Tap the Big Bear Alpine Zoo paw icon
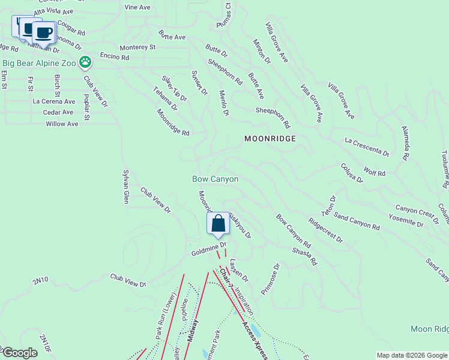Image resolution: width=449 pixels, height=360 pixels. [x=86, y=62]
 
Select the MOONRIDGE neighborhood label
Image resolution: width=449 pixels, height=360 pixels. [x=271, y=139]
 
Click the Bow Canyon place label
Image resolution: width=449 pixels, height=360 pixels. [x=215, y=179]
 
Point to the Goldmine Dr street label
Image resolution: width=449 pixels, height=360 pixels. [x=208, y=249]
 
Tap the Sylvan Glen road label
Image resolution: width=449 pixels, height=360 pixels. [x=126, y=186]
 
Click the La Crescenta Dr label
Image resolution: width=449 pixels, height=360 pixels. [x=367, y=146]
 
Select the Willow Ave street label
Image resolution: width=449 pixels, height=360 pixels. [x=62, y=124]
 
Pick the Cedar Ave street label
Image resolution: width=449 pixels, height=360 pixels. [x=58, y=112]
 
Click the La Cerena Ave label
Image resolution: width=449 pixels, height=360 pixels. [x=54, y=101]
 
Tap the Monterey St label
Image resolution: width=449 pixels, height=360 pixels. [x=137, y=47]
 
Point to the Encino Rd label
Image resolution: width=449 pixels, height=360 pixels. [x=115, y=57]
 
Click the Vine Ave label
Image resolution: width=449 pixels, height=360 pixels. [x=137, y=7]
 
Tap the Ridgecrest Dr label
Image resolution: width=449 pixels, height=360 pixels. [x=325, y=230]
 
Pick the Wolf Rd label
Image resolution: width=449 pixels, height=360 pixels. [x=374, y=172]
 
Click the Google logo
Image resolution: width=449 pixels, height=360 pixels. [x=20, y=353]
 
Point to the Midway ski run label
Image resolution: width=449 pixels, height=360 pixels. [x=193, y=330]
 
